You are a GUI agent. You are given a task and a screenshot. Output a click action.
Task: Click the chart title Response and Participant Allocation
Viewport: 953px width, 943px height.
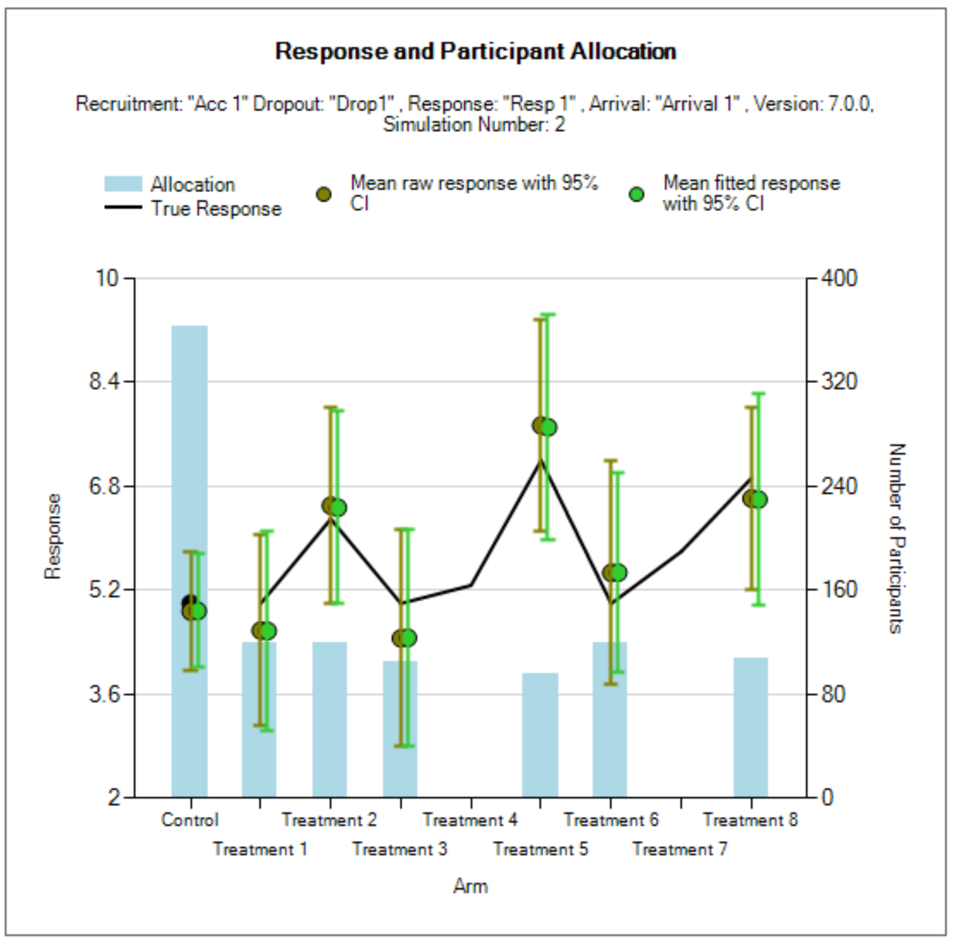(x=475, y=52)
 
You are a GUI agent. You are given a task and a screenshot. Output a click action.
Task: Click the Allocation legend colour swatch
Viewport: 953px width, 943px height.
(x=123, y=184)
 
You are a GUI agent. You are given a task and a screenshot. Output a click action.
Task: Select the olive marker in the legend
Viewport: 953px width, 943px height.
(x=324, y=195)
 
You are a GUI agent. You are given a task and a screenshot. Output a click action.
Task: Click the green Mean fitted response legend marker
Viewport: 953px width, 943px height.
(x=637, y=195)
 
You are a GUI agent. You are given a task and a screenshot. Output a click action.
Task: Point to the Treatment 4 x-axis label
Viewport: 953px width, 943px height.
(x=470, y=820)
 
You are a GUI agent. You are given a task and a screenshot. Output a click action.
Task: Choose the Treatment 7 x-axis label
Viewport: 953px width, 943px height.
(x=679, y=849)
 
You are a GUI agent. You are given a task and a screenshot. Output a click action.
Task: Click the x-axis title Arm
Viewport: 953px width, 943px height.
(x=470, y=886)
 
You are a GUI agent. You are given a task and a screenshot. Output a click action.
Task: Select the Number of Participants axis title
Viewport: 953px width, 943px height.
(x=897, y=538)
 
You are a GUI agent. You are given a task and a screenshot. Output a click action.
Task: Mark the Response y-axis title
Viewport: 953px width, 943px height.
(x=53, y=536)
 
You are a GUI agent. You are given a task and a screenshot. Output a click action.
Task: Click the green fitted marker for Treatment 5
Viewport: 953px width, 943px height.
(x=548, y=427)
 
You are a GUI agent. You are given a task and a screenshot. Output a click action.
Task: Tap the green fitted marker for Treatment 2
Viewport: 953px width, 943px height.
(x=338, y=508)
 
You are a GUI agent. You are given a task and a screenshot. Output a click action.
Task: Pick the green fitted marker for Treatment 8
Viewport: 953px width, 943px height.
(x=758, y=500)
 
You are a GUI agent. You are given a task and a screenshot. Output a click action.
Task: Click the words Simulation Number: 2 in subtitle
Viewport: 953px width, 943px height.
(x=474, y=124)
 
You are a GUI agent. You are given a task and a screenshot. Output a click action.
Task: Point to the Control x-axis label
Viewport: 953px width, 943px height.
(x=190, y=820)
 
